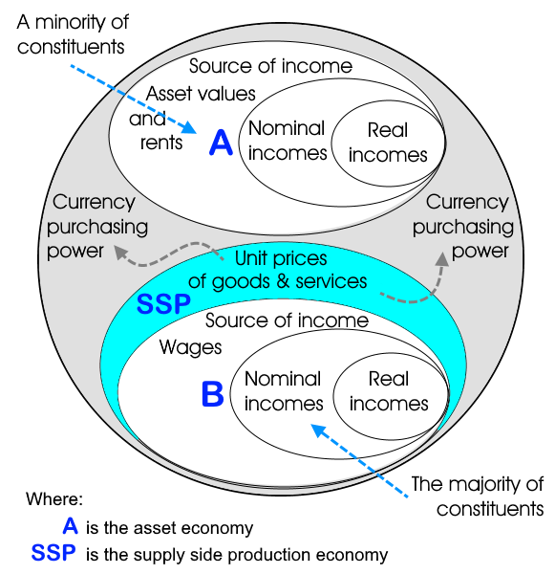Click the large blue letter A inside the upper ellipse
(221, 143)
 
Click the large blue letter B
(212, 394)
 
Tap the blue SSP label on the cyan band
(163, 304)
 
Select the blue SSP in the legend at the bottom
(53, 552)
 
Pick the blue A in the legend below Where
(70, 525)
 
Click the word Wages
(190, 347)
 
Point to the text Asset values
(201, 94)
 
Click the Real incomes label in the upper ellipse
(388, 143)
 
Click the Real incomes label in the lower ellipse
(389, 391)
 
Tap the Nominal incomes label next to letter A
(288, 141)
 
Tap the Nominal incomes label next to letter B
(284, 391)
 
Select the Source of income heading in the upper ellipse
(270, 66)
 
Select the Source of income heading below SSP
(287, 320)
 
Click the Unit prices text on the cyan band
(281, 258)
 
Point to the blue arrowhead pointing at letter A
(190, 126)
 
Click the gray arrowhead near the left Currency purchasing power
(120, 252)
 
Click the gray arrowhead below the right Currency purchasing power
(442, 259)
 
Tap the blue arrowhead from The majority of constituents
(318, 430)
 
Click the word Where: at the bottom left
(54, 498)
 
